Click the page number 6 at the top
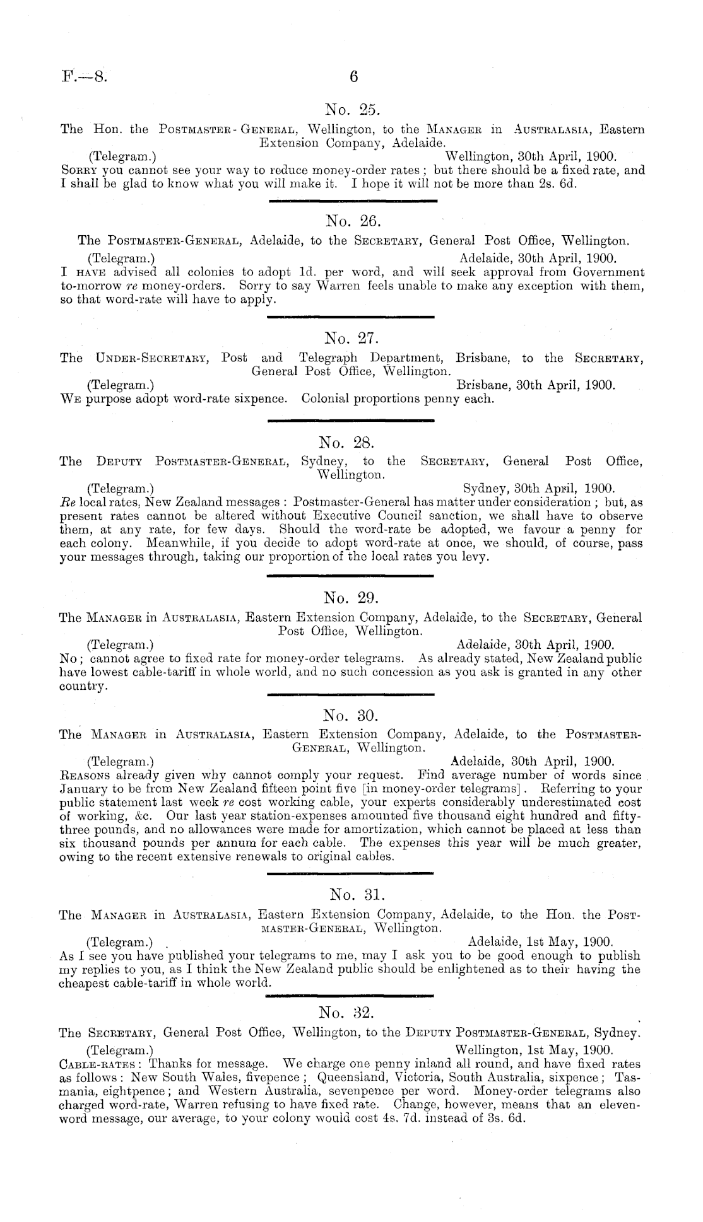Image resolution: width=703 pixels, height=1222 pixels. pyautogui.click(x=353, y=77)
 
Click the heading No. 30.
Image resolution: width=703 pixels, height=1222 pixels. pyautogui.click(x=351, y=716)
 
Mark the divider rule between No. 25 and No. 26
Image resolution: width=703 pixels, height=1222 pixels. pyautogui.click(x=351, y=201)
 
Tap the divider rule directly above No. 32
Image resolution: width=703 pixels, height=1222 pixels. pyautogui.click(x=351, y=996)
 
